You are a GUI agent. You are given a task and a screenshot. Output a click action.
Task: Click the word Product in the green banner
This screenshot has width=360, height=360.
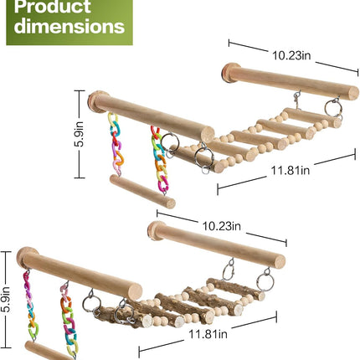pyautogui.click(x=52, y=6)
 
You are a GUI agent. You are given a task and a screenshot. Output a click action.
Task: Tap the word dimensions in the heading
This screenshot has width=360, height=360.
pyautogui.click(x=69, y=26)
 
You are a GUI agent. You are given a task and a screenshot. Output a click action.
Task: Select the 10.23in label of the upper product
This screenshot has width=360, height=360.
pyautogui.click(x=291, y=55)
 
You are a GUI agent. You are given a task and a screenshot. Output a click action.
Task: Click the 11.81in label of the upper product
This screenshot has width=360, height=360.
pyautogui.click(x=291, y=170)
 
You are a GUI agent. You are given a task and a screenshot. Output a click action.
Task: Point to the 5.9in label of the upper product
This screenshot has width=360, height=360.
pyautogui.click(x=80, y=135)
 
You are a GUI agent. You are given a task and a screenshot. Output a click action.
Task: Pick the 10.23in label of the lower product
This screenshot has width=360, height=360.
pyautogui.click(x=221, y=226)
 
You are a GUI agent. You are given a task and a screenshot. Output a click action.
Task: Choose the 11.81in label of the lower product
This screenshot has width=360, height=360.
pyautogui.click(x=208, y=334)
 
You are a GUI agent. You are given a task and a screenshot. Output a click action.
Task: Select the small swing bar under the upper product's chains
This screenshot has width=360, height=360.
pyautogui.click(x=142, y=192)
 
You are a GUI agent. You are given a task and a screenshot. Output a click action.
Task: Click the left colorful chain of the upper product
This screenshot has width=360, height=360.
pyautogui.click(x=116, y=144)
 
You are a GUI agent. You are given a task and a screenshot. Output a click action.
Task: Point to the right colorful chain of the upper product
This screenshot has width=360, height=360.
pyautogui.click(x=160, y=160)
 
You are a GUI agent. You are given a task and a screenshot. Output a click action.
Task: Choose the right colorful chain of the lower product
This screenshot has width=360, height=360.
pyautogui.click(x=69, y=320)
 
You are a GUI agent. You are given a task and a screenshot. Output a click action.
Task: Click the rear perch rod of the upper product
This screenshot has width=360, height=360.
pyautogui.click(x=291, y=81)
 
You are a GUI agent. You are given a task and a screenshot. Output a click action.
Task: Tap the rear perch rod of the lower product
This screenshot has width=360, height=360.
pyautogui.click(x=216, y=244)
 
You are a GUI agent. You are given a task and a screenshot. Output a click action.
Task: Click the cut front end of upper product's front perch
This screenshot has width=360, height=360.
pyautogui.click(x=208, y=135)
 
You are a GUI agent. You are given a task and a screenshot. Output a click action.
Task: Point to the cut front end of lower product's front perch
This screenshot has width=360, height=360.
pyautogui.click(x=135, y=291)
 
